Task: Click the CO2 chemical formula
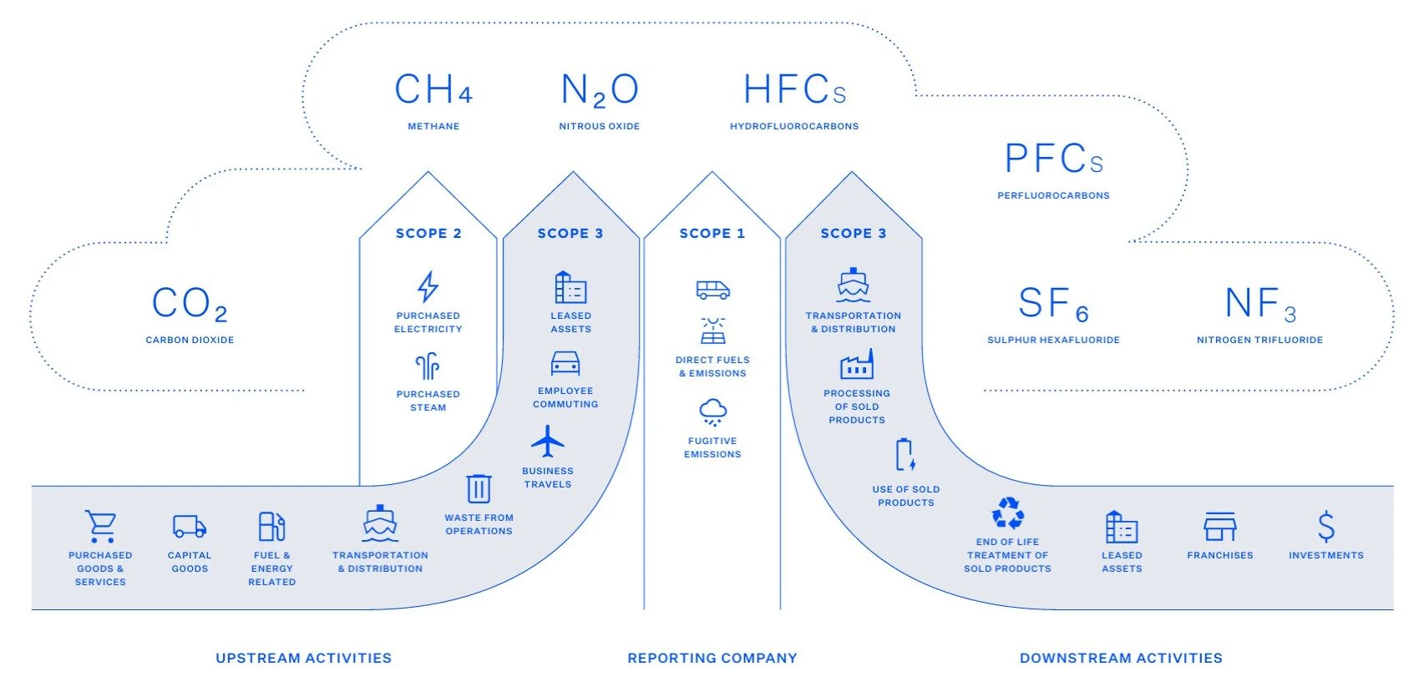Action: click(190, 303)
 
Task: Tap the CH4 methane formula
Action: click(433, 90)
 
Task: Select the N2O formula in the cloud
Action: click(600, 90)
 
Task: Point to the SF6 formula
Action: click(1053, 304)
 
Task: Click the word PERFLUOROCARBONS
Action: click(1053, 195)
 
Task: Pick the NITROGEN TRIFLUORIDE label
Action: click(1259, 340)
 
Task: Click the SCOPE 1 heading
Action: click(712, 234)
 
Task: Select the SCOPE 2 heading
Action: click(428, 234)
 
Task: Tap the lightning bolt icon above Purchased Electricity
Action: click(428, 286)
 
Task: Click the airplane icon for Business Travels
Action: click(547, 442)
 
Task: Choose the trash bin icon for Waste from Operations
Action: click(479, 488)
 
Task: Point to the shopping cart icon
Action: click(100, 527)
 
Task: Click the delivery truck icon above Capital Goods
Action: click(190, 526)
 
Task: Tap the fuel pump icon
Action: click(271, 527)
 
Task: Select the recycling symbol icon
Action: click(1007, 513)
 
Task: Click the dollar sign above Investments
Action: click(1325, 527)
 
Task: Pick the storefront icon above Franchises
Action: click(1219, 527)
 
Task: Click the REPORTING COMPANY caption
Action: click(712, 658)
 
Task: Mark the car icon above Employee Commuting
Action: click(565, 363)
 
